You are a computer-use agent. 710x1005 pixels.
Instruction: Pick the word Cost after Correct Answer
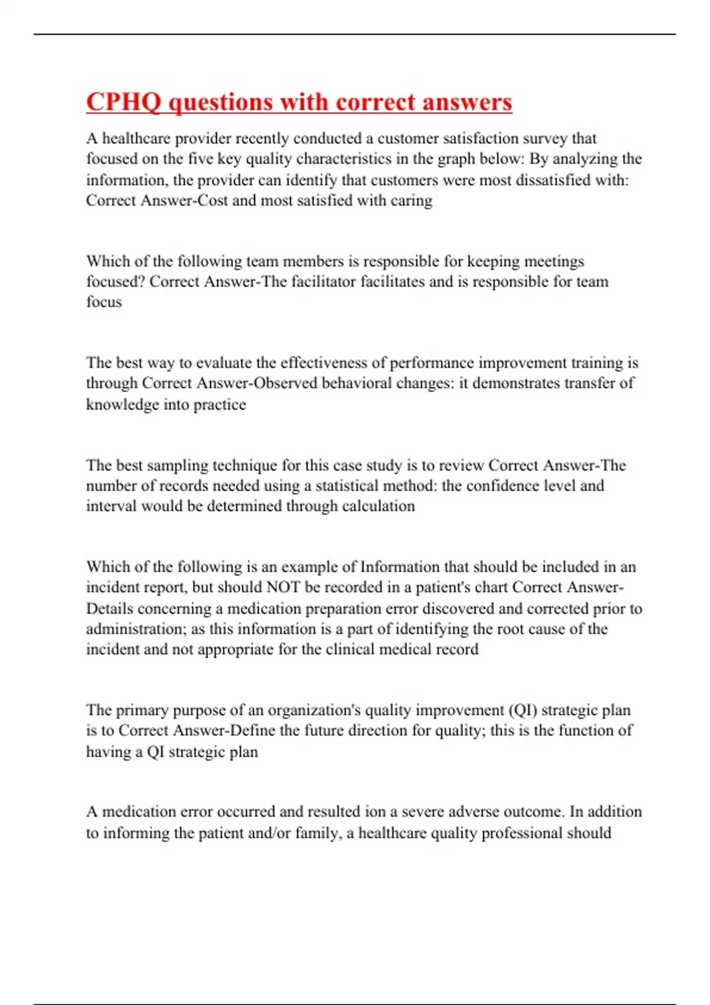tap(213, 200)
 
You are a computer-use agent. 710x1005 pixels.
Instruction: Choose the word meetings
tap(555, 261)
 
